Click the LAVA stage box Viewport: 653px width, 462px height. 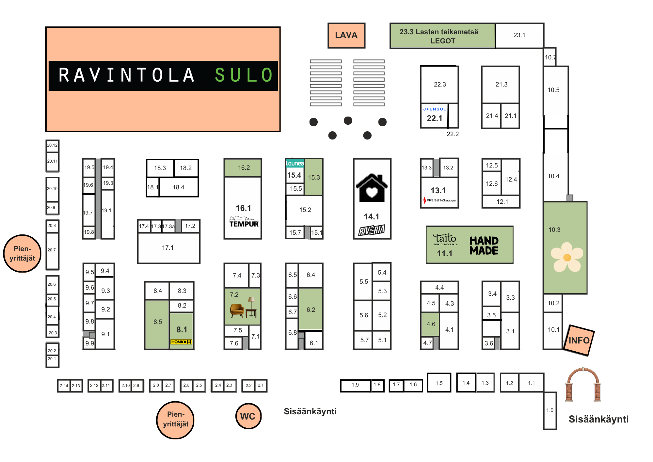click(346, 35)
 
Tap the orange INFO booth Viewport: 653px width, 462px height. click(579, 340)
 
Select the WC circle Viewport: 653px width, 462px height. click(248, 416)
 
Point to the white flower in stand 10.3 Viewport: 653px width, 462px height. click(567, 257)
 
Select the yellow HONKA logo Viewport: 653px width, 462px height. click(181, 342)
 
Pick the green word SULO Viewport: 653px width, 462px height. click(244, 75)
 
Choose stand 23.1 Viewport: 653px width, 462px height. click(519, 35)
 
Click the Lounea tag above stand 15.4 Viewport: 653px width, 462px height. click(295, 163)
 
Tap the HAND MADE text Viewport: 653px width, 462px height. click(484, 246)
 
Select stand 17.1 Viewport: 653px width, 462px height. click(168, 248)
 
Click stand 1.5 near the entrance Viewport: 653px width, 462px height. click(439, 383)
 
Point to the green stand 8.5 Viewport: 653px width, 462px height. click(157, 323)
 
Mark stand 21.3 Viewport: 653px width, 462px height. click(501, 85)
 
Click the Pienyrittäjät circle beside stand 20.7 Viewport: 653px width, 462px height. click(22, 253)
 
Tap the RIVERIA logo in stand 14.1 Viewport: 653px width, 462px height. click(372, 230)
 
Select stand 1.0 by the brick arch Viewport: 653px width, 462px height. click(550, 410)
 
